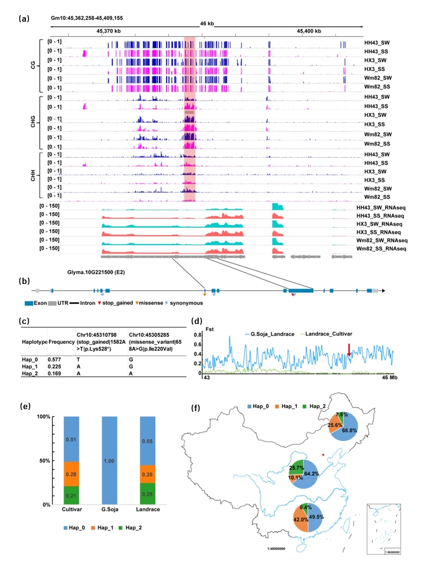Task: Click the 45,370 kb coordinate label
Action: [109, 30]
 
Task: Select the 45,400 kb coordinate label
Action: [309, 30]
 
